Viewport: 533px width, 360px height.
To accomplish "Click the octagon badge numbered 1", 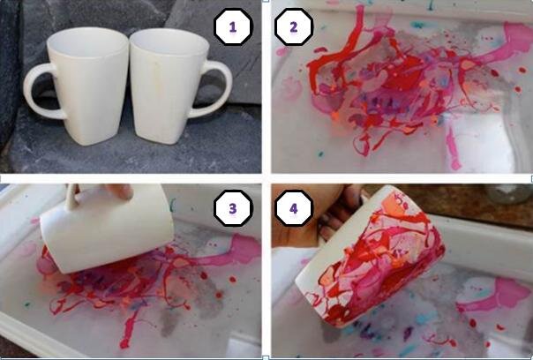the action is click(x=233, y=26).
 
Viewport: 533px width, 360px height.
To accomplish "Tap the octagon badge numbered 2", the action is click(x=294, y=26).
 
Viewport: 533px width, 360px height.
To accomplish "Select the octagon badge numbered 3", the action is click(x=233, y=208).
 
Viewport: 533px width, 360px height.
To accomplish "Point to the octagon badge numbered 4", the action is click(x=294, y=208).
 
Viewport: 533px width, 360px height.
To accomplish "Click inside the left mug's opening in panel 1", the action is click(x=87, y=42).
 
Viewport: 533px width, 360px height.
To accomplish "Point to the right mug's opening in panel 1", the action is click(x=169, y=44).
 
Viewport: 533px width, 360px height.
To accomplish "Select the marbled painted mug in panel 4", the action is click(x=370, y=259).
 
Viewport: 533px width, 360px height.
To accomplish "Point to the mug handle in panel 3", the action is click(x=72, y=196).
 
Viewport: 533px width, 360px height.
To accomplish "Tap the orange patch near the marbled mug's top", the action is click(x=394, y=206).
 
